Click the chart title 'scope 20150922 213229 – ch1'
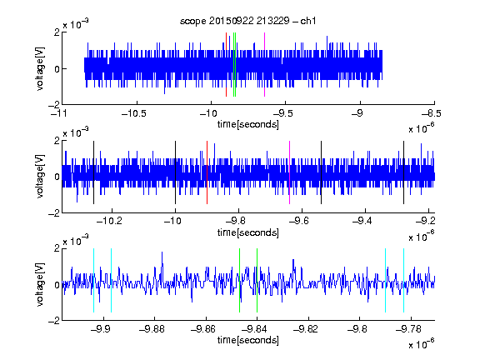coord(247,21)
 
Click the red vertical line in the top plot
coord(226,65)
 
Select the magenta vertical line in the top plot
coord(264,65)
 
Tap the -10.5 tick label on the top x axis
coord(134,114)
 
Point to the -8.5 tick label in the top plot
coord(431,114)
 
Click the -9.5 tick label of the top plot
coord(282,114)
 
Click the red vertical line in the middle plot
coord(207,172)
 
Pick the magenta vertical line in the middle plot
coord(290,172)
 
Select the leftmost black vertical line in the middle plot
coord(93,172)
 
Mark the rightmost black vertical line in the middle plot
coord(403,172)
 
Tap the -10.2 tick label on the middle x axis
coord(109,221)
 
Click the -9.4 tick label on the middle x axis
coord(362,221)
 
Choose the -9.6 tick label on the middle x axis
coord(298,221)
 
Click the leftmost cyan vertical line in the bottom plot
coord(93,280)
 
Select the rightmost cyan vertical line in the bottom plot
coord(403,280)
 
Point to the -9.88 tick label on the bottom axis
coord(152,329)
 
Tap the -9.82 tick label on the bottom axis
coord(306,329)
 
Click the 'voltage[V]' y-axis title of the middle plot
coord(40,177)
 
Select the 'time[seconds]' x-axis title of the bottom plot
coord(248,340)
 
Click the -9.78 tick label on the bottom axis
coord(408,329)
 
